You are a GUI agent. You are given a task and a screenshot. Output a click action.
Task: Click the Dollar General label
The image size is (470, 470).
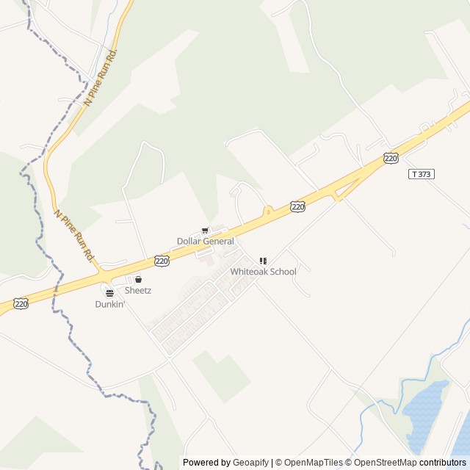[206, 242]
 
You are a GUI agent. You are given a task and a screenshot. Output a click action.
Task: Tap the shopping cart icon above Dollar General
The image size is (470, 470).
[205, 231]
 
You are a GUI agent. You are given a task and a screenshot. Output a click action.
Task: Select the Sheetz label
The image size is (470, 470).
[137, 290]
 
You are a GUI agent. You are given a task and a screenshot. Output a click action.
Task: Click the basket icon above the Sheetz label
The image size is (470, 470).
[137, 280]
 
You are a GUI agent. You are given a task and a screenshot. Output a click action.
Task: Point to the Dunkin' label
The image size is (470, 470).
[110, 304]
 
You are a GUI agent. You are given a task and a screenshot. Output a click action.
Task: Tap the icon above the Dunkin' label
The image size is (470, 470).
[109, 294]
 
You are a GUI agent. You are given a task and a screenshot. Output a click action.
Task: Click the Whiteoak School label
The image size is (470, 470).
[263, 272]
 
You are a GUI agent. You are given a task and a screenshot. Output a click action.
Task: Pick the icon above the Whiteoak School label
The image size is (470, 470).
[263, 261]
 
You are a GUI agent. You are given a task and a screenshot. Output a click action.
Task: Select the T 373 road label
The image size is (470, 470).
[421, 174]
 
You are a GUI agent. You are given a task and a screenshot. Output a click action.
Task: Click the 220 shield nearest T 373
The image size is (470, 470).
[391, 158]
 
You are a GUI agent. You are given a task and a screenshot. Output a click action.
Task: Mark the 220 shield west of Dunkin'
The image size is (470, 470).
[21, 303]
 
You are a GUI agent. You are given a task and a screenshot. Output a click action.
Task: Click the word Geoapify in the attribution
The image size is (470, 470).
[250, 463]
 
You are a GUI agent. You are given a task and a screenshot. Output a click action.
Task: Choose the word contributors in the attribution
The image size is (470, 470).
[443, 463]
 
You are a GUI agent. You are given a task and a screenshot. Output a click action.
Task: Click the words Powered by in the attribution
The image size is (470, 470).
[206, 463]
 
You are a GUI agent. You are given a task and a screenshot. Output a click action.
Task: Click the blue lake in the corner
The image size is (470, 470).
[426, 415]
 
